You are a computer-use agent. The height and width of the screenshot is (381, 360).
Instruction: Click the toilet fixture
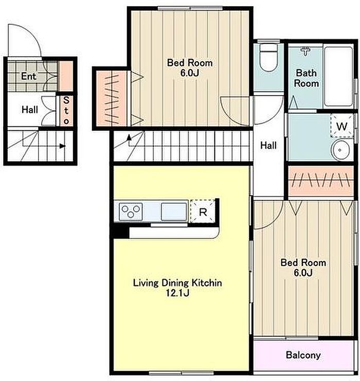point(268,57)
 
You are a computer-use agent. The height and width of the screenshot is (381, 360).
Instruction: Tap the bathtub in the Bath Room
point(338,76)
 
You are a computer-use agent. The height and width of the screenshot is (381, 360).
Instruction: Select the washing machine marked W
point(341,126)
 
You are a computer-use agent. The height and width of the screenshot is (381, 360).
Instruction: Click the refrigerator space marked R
point(203,211)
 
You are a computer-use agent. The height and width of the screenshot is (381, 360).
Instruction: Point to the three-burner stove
point(131,212)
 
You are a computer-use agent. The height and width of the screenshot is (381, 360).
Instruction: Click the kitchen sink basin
point(174,212)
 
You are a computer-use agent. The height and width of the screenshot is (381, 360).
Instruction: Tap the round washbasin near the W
point(340,150)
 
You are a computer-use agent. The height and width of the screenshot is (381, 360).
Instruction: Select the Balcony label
point(303,355)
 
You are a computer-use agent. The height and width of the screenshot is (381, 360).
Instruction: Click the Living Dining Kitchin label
point(177,283)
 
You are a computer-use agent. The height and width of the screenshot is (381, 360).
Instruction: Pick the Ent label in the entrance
point(28,76)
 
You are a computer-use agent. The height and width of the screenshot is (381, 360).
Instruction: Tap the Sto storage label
point(66,110)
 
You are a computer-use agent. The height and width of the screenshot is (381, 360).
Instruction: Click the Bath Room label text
point(307,78)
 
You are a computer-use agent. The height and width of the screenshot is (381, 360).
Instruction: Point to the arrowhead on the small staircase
point(63,146)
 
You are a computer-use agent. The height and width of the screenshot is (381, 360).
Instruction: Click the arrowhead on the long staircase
point(129,137)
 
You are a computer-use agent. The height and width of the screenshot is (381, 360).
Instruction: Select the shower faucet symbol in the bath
point(305,51)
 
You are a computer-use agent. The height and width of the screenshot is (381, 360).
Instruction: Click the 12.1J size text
point(177,293)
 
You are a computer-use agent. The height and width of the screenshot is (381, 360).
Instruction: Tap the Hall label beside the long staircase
point(268,145)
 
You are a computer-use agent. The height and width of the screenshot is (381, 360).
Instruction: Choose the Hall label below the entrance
point(30,110)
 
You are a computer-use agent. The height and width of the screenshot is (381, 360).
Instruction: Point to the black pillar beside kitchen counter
point(121,232)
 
